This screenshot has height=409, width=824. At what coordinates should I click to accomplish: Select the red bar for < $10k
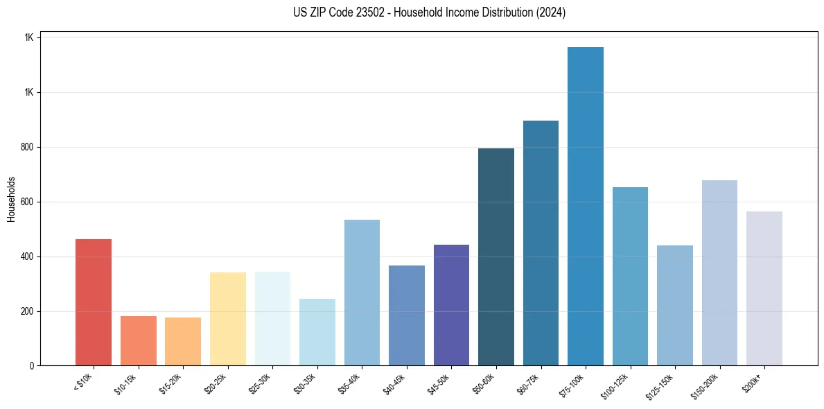(x=94, y=302)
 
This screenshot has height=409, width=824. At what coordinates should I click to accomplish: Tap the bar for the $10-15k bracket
(x=138, y=340)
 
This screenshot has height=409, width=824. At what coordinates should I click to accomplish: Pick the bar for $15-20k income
(x=183, y=341)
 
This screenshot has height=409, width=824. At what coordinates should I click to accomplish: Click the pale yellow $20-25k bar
(x=227, y=319)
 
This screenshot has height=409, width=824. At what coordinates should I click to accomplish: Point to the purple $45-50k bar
(x=451, y=305)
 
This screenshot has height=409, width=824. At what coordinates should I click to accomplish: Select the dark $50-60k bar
(x=496, y=256)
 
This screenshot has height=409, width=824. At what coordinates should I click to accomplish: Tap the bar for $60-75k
(x=541, y=243)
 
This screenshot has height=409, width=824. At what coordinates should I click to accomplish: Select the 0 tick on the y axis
(x=31, y=366)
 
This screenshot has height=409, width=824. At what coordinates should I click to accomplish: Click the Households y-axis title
(x=12, y=199)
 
